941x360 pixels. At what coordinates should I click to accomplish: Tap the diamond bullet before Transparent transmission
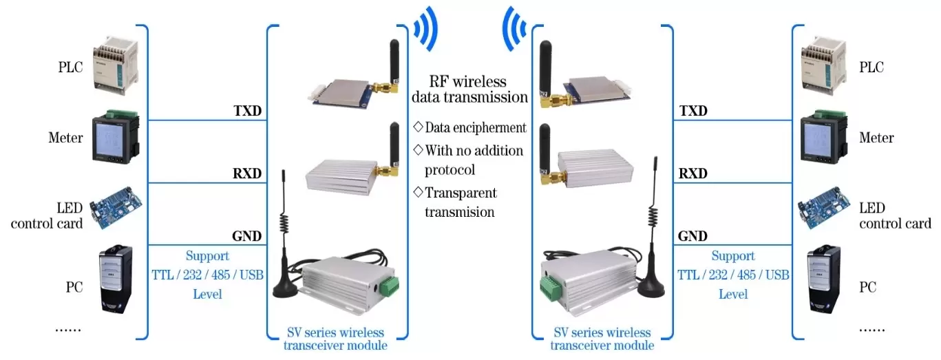pos(417,192)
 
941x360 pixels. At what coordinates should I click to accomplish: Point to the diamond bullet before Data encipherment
pos(417,127)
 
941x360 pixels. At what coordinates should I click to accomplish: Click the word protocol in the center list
pos(450,169)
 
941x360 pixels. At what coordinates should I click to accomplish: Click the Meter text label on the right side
pos(876,138)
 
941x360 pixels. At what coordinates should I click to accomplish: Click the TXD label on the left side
pos(247,111)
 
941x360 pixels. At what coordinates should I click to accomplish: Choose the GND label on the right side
pos(692,236)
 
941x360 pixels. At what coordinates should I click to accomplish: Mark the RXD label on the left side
pos(247,173)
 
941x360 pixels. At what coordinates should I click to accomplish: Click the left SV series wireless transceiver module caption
pos(335,339)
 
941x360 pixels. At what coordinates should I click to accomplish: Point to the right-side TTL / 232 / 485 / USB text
pos(733,275)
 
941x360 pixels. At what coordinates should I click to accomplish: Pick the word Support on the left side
pos(207,256)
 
